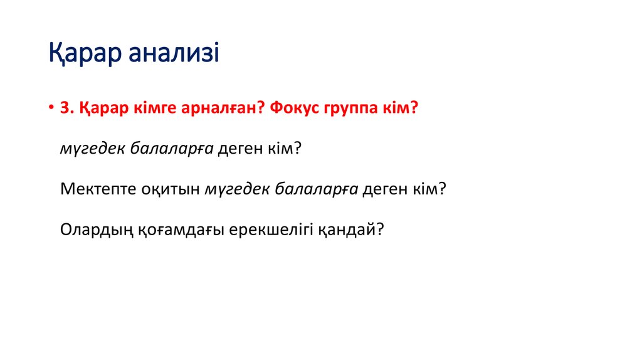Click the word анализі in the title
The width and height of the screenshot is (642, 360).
[174, 54]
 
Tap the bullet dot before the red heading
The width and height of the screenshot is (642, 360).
[51, 109]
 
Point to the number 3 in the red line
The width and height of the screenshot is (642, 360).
[64, 108]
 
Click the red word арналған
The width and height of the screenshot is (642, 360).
[209, 108]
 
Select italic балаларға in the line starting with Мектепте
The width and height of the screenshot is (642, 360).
[317, 189]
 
